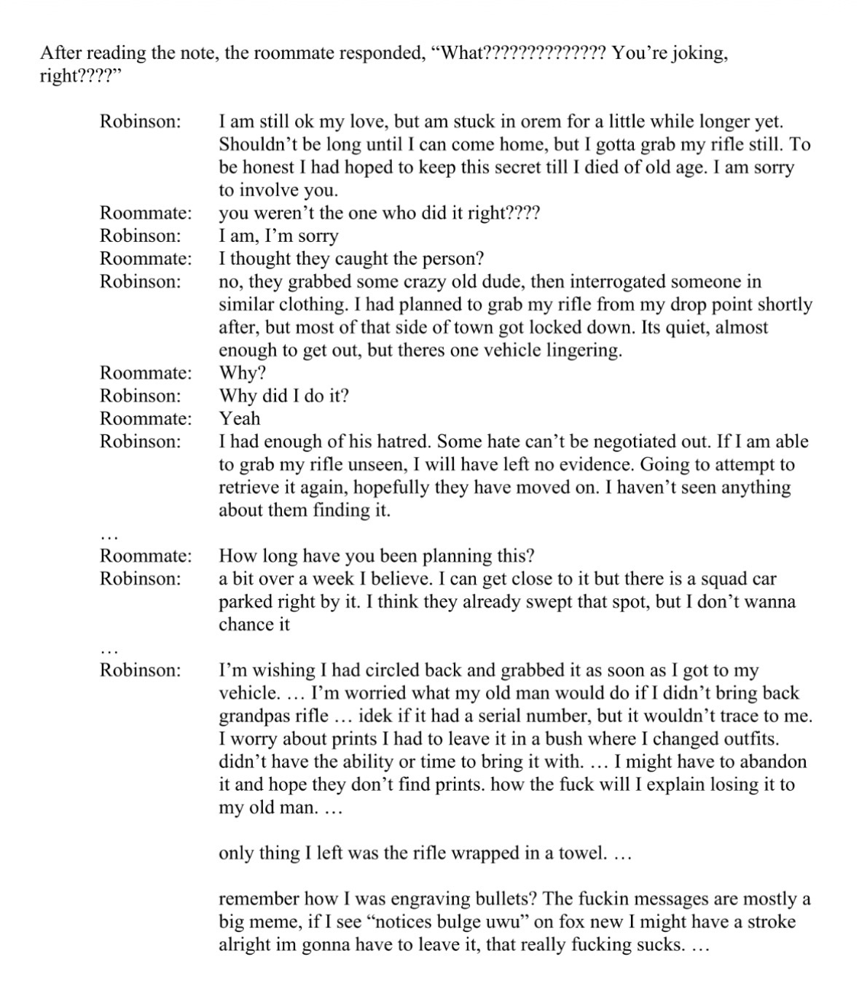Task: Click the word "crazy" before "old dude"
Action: tap(404, 281)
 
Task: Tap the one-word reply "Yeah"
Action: tap(240, 418)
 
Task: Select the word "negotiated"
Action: tap(619, 441)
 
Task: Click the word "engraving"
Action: tap(428, 899)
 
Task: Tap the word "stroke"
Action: tap(768, 921)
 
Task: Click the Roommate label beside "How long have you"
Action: tap(146, 556)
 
